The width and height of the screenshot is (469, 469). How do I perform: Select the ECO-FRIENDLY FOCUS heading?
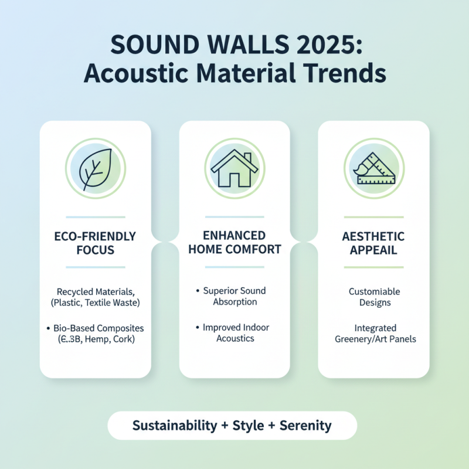click(95, 243)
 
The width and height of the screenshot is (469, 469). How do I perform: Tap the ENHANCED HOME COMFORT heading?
click(234, 242)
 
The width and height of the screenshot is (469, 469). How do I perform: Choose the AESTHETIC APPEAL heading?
click(373, 243)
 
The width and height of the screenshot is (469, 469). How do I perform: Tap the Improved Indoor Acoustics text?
click(236, 333)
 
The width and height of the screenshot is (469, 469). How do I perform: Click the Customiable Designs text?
click(374, 297)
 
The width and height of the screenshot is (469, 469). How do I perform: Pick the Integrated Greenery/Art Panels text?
click(374, 333)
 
